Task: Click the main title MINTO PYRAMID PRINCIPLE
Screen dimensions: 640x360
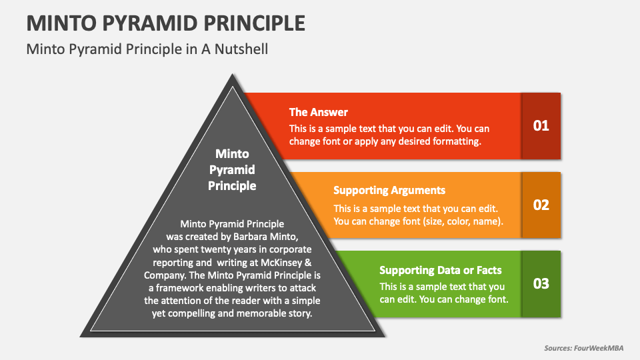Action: (x=166, y=23)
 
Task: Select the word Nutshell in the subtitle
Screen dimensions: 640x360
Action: (x=241, y=49)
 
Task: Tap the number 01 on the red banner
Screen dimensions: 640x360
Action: (x=541, y=126)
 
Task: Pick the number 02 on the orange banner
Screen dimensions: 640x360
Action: (x=541, y=205)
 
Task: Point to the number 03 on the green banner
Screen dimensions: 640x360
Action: (x=541, y=284)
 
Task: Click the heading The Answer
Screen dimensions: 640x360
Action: (x=319, y=112)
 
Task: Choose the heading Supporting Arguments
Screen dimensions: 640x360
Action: (x=389, y=191)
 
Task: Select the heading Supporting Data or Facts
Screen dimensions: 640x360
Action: (x=441, y=270)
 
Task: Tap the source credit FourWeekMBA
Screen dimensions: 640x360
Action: (x=599, y=348)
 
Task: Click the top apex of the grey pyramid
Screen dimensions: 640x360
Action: (x=232, y=74)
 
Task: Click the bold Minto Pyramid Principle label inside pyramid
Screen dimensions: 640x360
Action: (x=232, y=170)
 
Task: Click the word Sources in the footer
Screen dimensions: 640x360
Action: (x=558, y=348)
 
